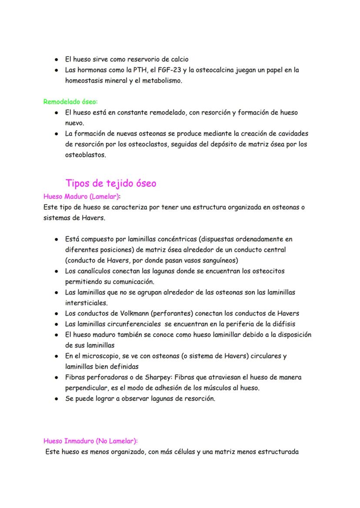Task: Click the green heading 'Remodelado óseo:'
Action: tap(70, 102)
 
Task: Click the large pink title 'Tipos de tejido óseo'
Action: tap(110, 183)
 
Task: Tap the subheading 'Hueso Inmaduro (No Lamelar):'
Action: tap(90, 441)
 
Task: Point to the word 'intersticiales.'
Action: tap(86, 302)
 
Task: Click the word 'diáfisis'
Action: tap(283, 324)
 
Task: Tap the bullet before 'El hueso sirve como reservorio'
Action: tap(57, 60)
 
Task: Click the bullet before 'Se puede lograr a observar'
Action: tap(57, 398)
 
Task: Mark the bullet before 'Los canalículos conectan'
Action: tap(57, 271)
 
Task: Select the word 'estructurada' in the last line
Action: tap(279, 452)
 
